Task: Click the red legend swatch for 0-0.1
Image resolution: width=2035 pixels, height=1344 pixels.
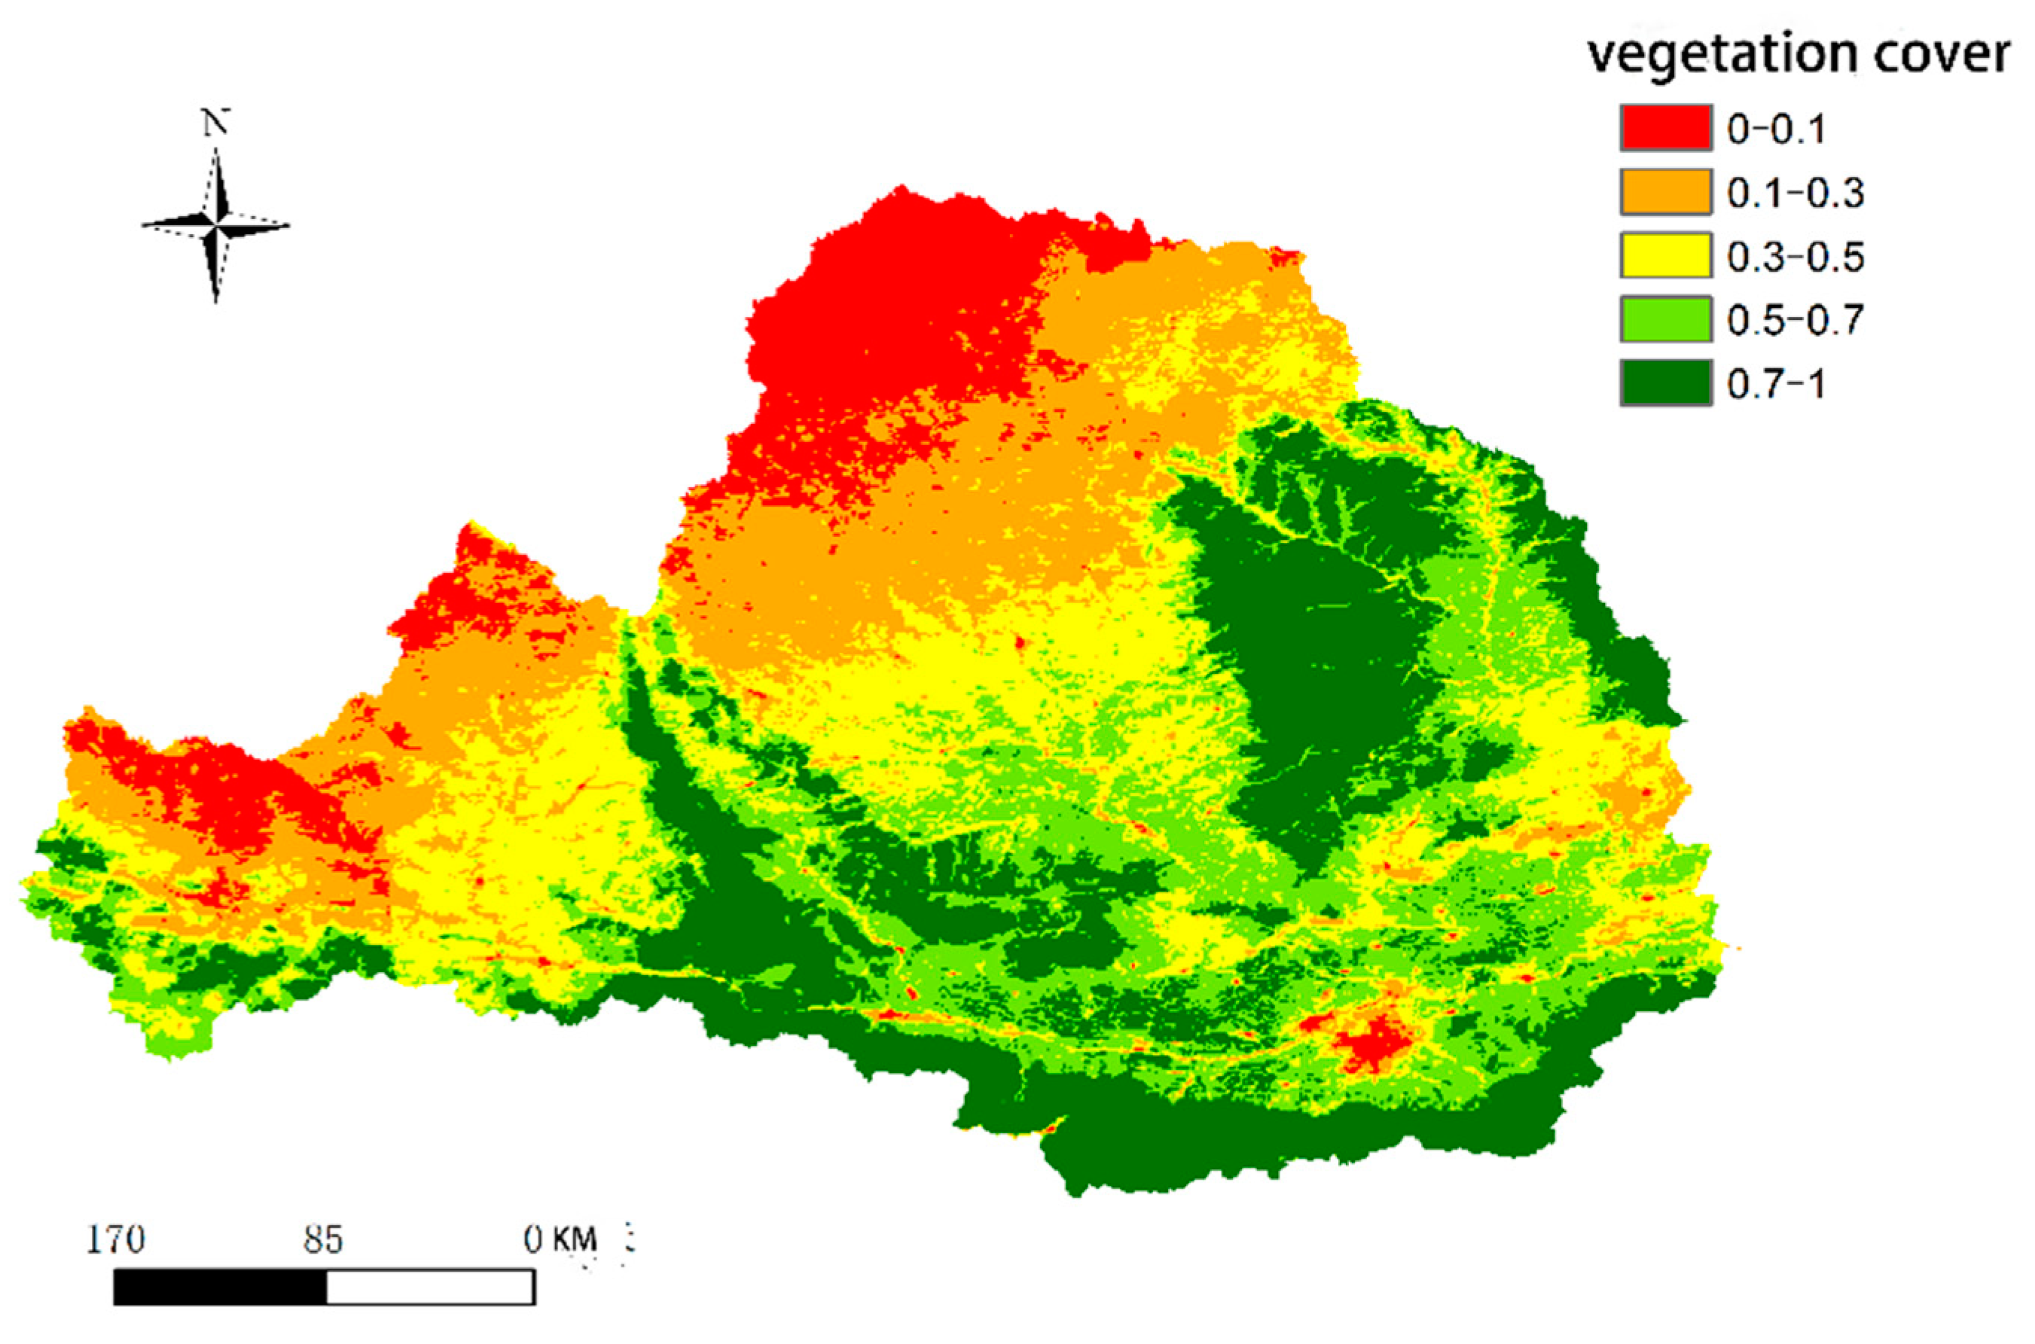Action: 1664,128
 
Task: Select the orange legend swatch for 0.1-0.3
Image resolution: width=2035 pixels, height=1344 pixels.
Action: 1664,192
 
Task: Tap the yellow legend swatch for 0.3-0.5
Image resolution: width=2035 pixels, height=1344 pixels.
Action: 1664,255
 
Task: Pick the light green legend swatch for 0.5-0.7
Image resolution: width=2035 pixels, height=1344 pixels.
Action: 1664,318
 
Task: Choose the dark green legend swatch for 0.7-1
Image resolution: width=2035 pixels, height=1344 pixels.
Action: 1664,383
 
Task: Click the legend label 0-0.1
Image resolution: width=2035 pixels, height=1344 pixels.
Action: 1775,130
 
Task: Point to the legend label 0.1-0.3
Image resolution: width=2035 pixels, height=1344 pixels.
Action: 1795,194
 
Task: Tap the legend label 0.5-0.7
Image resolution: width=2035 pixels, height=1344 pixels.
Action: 1795,321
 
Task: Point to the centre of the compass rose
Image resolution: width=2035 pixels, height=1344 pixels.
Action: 215,225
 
